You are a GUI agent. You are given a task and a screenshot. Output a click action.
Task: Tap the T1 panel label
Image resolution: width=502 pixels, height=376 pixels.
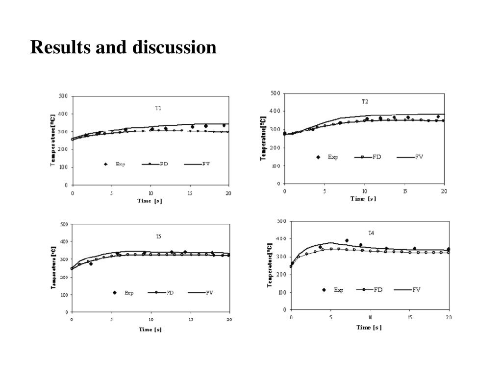click(x=158, y=108)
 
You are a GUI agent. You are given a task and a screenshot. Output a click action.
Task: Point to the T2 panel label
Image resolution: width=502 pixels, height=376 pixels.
click(x=365, y=102)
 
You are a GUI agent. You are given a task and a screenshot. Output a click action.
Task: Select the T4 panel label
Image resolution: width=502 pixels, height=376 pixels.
click(x=371, y=232)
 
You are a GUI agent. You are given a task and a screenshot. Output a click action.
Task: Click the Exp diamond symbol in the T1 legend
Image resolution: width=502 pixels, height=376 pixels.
click(x=105, y=164)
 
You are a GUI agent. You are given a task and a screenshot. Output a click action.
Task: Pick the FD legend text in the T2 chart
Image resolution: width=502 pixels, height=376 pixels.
click(x=377, y=157)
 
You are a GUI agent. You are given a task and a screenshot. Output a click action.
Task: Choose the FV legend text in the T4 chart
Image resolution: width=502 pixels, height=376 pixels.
click(x=416, y=289)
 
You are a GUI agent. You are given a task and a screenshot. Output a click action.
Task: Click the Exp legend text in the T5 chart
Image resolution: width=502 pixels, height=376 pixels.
click(x=129, y=293)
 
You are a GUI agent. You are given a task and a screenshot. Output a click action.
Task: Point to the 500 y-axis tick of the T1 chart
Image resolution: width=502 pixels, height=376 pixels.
click(x=63, y=96)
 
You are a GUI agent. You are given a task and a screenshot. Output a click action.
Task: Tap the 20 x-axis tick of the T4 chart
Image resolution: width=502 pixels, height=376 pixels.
click(x=449, y=318)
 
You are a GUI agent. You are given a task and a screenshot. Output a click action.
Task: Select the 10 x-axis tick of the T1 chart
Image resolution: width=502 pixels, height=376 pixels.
click(x=151, y=193)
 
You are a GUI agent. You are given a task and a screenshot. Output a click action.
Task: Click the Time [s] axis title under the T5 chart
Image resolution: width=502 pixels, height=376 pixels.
click(x=150, y=329)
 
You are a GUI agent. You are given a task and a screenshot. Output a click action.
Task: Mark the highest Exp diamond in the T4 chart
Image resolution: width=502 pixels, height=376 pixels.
click(x=347, y=240)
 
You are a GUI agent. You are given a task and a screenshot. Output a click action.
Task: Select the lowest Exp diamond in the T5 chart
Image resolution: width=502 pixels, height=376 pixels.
click(x=91, y=263)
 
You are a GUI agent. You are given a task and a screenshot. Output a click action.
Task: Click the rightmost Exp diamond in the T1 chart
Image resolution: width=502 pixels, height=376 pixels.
click(x=224, y=125)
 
